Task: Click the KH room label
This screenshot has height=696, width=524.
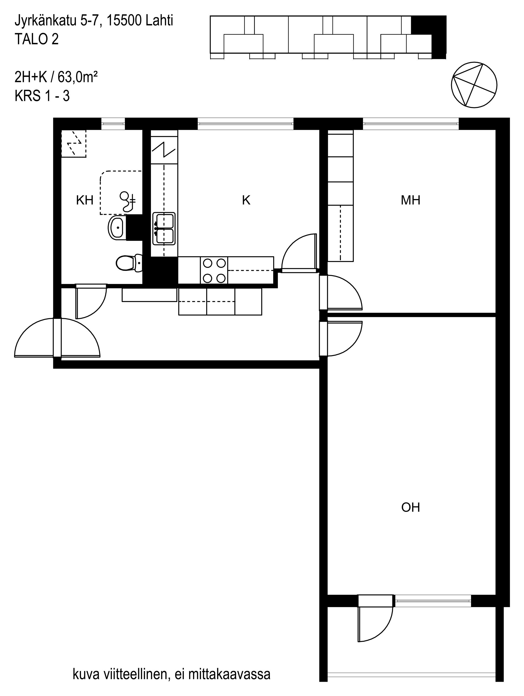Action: click(85, 200)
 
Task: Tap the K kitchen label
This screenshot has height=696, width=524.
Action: click(246, 200)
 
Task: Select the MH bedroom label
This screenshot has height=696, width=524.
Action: click(410, 200)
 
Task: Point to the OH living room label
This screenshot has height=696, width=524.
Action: click(410, 507)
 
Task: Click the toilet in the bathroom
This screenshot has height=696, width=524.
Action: click(129, 263)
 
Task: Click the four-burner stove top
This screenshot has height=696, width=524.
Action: click(214, 270)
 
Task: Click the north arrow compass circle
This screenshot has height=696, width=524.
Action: click(474, 85)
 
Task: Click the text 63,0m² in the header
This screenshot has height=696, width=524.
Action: click(77, 77)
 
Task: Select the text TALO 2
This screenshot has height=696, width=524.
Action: click(37, 40)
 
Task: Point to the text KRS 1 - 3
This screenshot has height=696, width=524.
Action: click(42, 96)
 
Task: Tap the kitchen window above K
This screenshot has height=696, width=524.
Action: click(245, 124)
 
